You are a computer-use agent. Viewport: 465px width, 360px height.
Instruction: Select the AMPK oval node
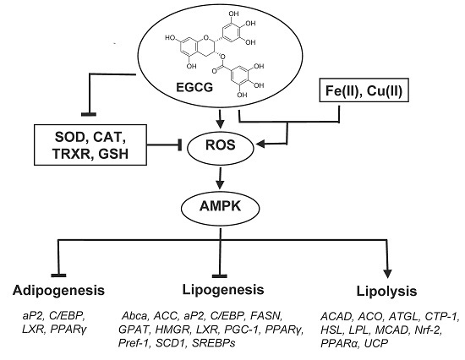[x=220, y=208]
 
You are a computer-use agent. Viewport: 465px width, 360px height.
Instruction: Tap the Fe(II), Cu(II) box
[x=364, y=90]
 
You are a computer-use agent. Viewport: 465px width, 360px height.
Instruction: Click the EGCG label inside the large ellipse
[x=194, y=88]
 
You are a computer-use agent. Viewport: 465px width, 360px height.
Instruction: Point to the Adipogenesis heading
[x=58, y=291]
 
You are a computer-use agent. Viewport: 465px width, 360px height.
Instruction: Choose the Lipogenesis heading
[x=223, y=290]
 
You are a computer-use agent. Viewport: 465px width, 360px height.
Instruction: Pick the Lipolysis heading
[x=386, y=292]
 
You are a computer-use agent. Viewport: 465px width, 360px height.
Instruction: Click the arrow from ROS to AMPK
[x=220, y=178]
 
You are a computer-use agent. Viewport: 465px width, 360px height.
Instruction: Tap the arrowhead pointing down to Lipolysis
[x=387, y=274]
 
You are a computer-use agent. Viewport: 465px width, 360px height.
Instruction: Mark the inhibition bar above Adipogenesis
[x=58, y=275]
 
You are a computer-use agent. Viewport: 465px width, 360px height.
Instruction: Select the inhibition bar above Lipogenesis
[x=220, y=276]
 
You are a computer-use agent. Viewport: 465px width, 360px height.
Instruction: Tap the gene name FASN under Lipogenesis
[x=265, y=316]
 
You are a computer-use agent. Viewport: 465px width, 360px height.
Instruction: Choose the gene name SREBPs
[x=214, y=343]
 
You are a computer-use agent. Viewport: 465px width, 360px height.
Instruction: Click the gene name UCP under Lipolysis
[x=375, y=343]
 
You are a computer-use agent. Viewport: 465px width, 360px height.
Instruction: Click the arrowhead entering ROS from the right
[x=260, y=145]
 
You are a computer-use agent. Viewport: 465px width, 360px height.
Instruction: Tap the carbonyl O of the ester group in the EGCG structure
[x=215, y=71]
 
